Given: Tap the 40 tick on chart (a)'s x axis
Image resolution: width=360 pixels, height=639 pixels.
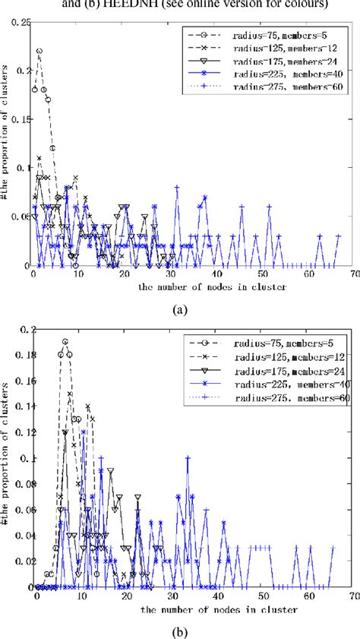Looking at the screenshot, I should pos(218,274).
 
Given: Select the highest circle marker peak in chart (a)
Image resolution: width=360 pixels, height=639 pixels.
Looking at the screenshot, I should pos(39,51).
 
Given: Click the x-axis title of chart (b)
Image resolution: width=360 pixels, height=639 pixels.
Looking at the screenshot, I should pos(182,609).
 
